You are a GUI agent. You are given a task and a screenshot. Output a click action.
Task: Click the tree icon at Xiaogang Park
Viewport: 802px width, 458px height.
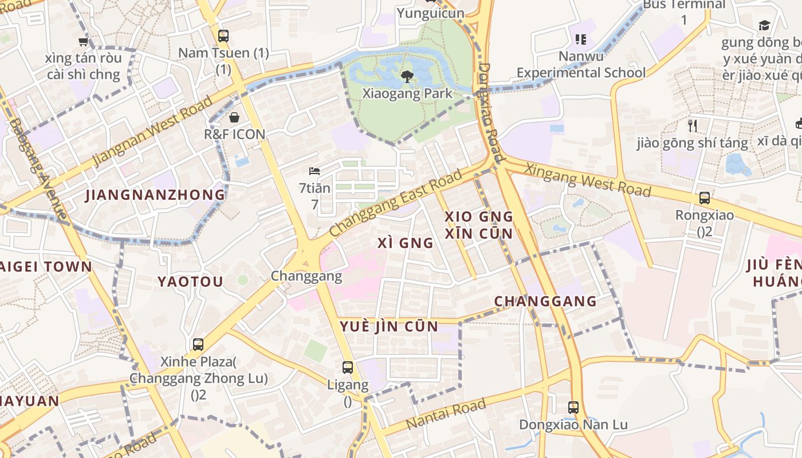[x=407, y=76]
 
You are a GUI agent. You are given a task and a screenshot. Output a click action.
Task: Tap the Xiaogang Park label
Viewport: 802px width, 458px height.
[x=407, y=93]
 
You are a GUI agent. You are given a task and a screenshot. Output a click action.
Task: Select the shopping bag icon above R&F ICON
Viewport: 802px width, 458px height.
[x=234, y=117]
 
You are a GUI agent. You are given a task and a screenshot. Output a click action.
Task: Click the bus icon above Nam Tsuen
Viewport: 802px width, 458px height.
[x=223, y=35]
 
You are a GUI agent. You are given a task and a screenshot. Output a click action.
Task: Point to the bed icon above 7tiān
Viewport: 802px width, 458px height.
[x=314, y=171]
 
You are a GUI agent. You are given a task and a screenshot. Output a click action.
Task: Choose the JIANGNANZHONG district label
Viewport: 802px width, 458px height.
[x=155, y=195]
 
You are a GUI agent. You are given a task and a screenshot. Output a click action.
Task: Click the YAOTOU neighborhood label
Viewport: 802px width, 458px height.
[x=190, y=282]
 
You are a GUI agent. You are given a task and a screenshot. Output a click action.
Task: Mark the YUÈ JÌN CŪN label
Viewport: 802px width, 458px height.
[x=389, y=327]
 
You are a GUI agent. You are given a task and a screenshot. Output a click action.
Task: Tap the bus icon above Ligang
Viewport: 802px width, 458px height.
[x=348, y=367]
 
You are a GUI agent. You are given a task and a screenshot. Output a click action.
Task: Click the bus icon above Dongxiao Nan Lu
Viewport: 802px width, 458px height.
[x=573, y=408]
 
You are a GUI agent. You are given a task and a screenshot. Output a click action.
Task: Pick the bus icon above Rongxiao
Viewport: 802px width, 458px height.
[x=705, y=198]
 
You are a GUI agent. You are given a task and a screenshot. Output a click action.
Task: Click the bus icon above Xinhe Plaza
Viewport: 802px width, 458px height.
[x=198, y=344]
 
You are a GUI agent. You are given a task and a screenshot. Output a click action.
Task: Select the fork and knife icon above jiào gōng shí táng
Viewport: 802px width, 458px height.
[x=693, y=125]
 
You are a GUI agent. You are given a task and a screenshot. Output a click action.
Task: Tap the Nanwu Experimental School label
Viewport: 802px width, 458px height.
[x=581, y=65]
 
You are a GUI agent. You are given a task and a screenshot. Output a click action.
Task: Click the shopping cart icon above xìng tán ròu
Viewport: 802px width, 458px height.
[x=84, y=41]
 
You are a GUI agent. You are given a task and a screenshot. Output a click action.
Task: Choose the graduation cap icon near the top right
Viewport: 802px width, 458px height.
[x=764, y=25]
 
